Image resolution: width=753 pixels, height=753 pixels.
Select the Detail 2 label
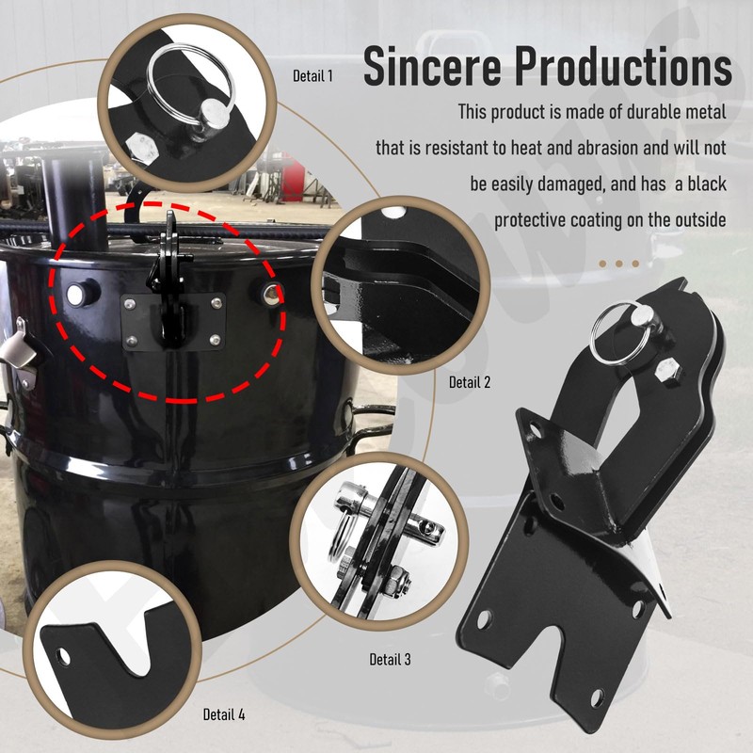click(x=470, y=382)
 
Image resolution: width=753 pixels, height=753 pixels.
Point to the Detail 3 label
click(x=390, y=660)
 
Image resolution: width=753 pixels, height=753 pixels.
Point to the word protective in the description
click(x=535, y=220)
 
